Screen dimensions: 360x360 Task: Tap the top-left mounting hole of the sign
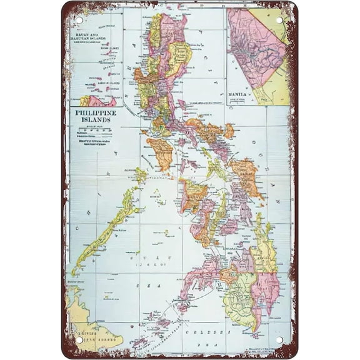pyautogui.click(x=79, y=19)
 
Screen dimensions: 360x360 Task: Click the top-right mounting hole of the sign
pyautogui.click(x=279, y=19)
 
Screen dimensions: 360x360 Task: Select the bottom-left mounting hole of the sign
pyautogui.click(x=79, y=341)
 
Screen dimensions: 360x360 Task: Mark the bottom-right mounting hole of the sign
pyautogui.click(x=279, y=341)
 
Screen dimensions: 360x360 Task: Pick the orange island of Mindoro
pyautogui.click(x=160, y=153)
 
